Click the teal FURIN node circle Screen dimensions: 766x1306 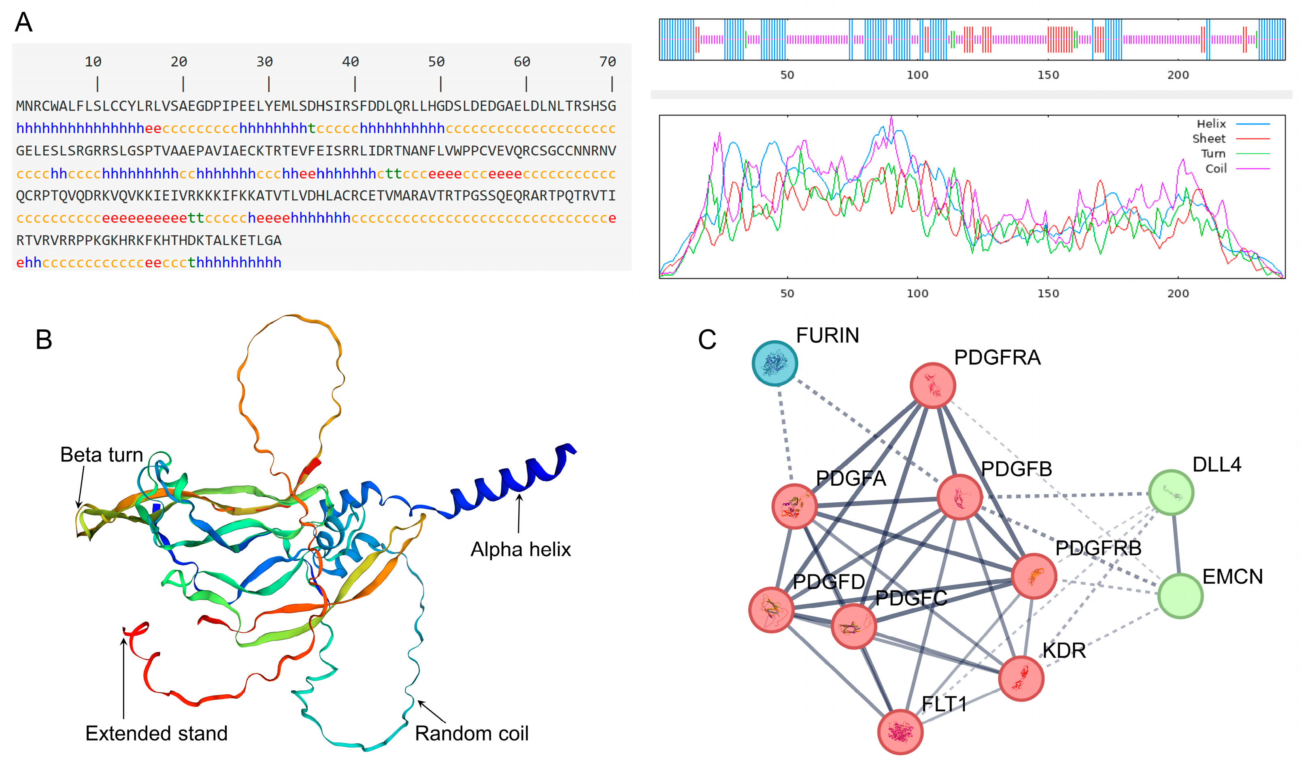pos(775,363)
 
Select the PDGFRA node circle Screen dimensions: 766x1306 pos(933,385)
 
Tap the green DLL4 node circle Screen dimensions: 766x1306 pos(1171,492)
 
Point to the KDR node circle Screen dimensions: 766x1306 pos(1021,679)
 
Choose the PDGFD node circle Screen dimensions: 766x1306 pos(772,610)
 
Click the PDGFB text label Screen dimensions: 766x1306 pos(1016,469)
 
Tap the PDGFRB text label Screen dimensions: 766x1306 pos(1098,548)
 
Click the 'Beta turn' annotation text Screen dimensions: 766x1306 pos(102,455)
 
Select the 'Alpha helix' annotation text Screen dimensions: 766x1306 pos(520,549)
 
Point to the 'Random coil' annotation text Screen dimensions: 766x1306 pos(472,733)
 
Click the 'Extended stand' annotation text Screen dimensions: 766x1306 pos(157,733)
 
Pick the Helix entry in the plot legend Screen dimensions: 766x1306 pos(1211,124)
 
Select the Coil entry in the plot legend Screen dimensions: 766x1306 pos(1216,169)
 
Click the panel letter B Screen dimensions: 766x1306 pos(44,340)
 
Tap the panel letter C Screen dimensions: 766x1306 pos(707,340)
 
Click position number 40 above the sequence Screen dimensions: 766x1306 pos(350,62)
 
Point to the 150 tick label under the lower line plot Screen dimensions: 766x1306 pos(1048,294)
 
